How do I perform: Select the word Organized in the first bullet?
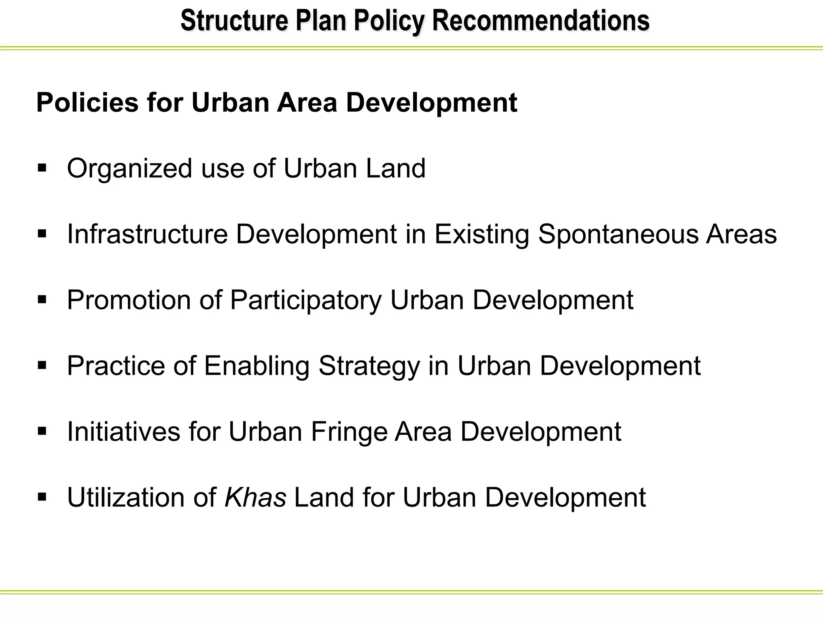coord(129,169)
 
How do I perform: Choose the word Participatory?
coord(305,300)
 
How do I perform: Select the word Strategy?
coord(369,366)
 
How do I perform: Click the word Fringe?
coord(348,432)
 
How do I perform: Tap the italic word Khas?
coord(255,497)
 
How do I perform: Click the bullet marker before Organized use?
coord(42,168)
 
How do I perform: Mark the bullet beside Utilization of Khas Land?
coord(42,497)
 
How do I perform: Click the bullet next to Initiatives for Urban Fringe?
coord(42,431)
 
